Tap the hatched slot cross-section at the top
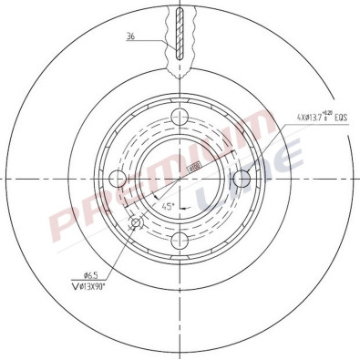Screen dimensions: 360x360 click(x=179, y=32)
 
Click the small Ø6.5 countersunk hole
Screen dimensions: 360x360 click(x=138, y=222)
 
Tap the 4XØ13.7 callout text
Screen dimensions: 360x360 click(x=312, y=118)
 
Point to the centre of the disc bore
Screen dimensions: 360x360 click(x=180, y=178)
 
